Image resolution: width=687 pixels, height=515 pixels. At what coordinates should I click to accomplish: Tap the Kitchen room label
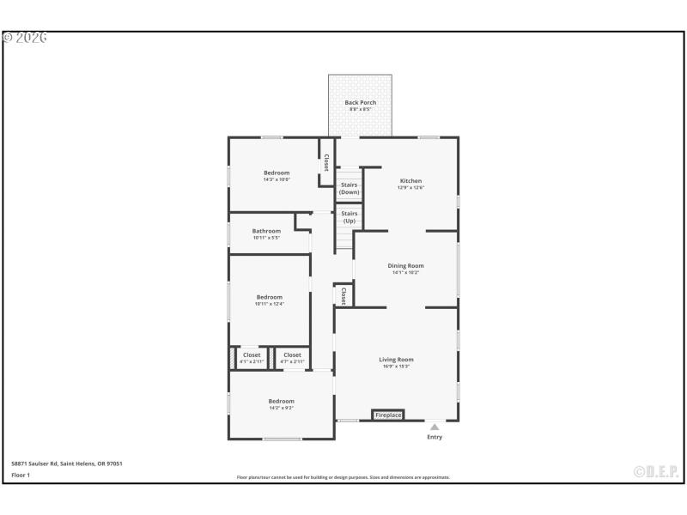coord(410,184)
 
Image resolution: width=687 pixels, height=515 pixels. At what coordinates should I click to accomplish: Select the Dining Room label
coord(405,269)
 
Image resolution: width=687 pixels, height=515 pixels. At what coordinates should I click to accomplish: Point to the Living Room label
coord(396,362)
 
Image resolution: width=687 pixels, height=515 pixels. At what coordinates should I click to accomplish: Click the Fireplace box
coord(388,415)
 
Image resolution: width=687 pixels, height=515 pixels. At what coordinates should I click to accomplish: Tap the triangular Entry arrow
coord(435,427)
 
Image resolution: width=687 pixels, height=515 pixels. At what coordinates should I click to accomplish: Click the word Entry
coord(435,438)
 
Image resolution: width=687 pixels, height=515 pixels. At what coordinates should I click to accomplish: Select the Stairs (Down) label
coord(349,188)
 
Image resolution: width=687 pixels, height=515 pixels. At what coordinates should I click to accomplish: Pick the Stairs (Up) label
coord(349,217)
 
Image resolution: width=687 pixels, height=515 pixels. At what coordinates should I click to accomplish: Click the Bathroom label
coord(266,233)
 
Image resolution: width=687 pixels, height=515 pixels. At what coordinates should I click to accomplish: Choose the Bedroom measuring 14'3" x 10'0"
coord(277,176)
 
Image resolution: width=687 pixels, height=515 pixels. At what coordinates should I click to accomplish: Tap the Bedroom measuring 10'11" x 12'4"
coord(270,300)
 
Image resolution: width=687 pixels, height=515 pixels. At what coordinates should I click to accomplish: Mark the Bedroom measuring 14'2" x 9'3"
coord(281,404)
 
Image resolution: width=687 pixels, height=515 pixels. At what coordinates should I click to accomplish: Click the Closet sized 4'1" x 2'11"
coord(252,357)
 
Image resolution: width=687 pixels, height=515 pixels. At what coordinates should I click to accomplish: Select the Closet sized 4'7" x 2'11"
coord(292,357)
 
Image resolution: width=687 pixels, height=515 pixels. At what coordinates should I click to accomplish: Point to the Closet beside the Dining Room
coord(343,295)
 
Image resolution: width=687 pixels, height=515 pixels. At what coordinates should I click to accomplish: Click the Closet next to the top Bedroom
coord(325,162)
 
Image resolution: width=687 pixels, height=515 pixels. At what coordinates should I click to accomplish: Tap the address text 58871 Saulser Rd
coord(67,463)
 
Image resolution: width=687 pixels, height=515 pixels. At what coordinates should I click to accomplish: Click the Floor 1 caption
coord(21,475)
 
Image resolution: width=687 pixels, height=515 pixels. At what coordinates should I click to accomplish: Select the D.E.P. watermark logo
coord(656,471)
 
